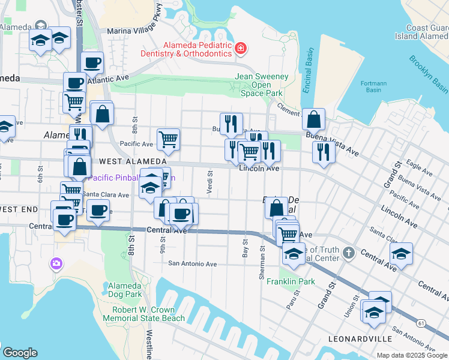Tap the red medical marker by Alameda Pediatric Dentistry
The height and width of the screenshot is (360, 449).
tap(240, 47)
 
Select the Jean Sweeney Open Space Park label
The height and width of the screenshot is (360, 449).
tap(261, 85)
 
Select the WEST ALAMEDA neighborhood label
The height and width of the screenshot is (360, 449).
tap(133, 161)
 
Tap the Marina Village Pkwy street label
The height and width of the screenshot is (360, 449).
tap(134, 30)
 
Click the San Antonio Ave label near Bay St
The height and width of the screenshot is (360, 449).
tap(192, 263)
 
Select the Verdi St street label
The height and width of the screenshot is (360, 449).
tap(210, 182)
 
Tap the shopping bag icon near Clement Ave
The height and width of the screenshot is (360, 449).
tap(314, 120)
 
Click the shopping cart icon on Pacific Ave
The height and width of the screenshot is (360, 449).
tap(169, 139)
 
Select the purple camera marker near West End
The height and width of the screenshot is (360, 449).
tap(56, 263)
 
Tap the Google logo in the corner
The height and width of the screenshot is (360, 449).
tap(20, 353)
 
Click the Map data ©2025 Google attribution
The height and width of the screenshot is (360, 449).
tap(412, 355)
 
